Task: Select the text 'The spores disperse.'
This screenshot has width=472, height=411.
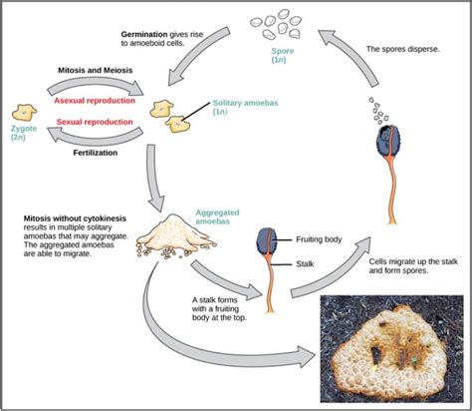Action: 405,48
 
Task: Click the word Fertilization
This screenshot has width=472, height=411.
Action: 88,154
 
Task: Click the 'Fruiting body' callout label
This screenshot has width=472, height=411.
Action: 319,239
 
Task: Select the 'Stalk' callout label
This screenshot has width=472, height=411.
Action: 307,264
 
